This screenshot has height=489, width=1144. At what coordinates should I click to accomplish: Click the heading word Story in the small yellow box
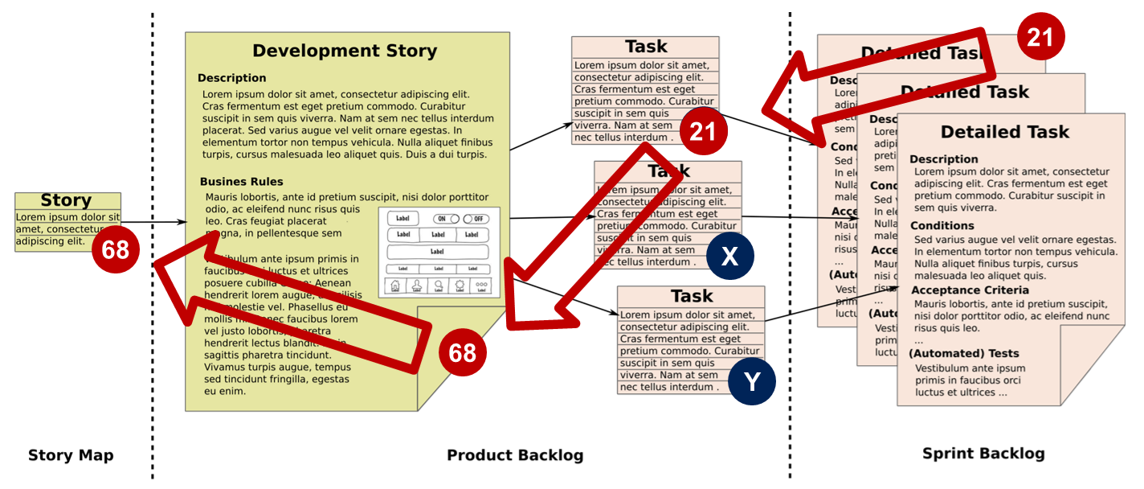point(66,200)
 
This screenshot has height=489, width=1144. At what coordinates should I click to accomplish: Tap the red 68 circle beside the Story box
point(116,249)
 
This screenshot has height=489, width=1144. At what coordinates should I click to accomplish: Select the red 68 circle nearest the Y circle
point(463,352)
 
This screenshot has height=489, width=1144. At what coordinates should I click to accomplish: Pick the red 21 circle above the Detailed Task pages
point(1040,37)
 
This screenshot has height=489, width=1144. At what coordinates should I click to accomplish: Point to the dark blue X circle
point(729,256)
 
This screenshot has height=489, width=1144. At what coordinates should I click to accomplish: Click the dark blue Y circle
point(751,381)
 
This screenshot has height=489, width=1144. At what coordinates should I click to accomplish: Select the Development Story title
point(345,51)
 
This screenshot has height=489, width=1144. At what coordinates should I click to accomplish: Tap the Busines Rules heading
point(241,182)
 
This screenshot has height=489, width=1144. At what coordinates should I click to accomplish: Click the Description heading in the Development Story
point(231,78)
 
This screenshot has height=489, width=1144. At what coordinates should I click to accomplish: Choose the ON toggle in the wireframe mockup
point(446,219)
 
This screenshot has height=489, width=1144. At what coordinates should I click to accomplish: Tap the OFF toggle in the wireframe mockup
point(476,219)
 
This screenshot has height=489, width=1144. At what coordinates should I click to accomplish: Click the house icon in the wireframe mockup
point(394,286)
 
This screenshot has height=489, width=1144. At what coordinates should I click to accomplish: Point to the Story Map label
point(71,455)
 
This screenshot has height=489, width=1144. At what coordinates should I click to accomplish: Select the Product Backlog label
point(515,455)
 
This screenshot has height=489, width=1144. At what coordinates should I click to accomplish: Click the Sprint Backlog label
point(983,454)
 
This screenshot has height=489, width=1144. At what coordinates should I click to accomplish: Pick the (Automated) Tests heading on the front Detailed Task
point(963,353)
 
